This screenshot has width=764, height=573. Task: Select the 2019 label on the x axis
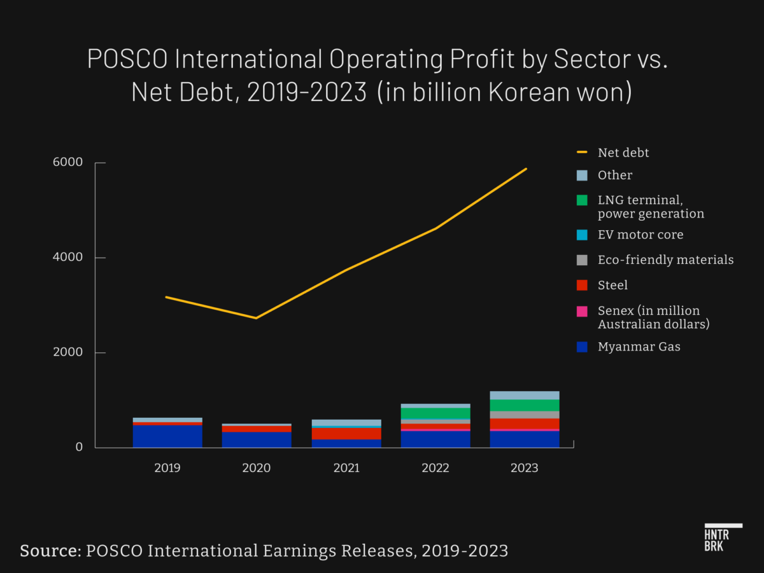click(x=167, y=468)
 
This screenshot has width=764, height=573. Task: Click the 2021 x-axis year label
click(x=346, y=468)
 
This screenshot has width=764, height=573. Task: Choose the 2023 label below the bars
click(x=525, y=468)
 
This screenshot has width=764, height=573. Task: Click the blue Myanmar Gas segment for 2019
click(x=167, y=436)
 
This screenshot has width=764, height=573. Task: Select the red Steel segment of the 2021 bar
click(x=346, y=434)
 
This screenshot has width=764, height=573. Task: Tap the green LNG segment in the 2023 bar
click(x=525, y=405)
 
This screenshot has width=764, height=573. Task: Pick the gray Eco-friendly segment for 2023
click(x=525, y=415)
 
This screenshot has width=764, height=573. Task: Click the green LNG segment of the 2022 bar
click(x=435, y=413)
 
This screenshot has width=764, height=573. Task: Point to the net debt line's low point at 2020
click(x=256, y=318)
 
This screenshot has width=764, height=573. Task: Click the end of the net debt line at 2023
click(x=526, y=169)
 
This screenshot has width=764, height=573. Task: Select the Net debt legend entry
click(x=623, y=153)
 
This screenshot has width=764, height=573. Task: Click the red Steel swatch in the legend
click(x=582, y=286)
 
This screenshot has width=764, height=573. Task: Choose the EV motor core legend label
click(x=640, y=235)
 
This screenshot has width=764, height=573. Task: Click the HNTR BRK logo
click(x=723, y=538)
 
